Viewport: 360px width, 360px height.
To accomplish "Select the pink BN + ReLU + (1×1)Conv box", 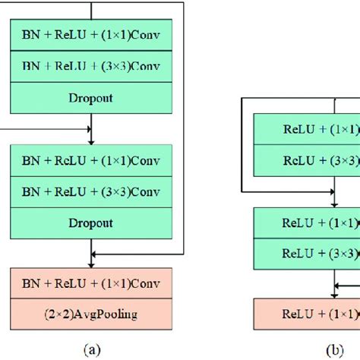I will point(91,285).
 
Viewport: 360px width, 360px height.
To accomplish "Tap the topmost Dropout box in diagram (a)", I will point(91,97).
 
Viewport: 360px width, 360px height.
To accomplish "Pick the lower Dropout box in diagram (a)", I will point(91,223).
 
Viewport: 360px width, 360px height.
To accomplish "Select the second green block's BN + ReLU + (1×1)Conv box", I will point(91,161).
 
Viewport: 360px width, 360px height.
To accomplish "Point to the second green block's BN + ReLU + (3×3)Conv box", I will point(91,191).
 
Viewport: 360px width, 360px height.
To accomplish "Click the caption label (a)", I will point(91,349).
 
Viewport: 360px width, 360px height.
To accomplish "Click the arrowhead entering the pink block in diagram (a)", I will point(91,264).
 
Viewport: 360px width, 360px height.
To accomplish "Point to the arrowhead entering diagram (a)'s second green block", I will point(91,139).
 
